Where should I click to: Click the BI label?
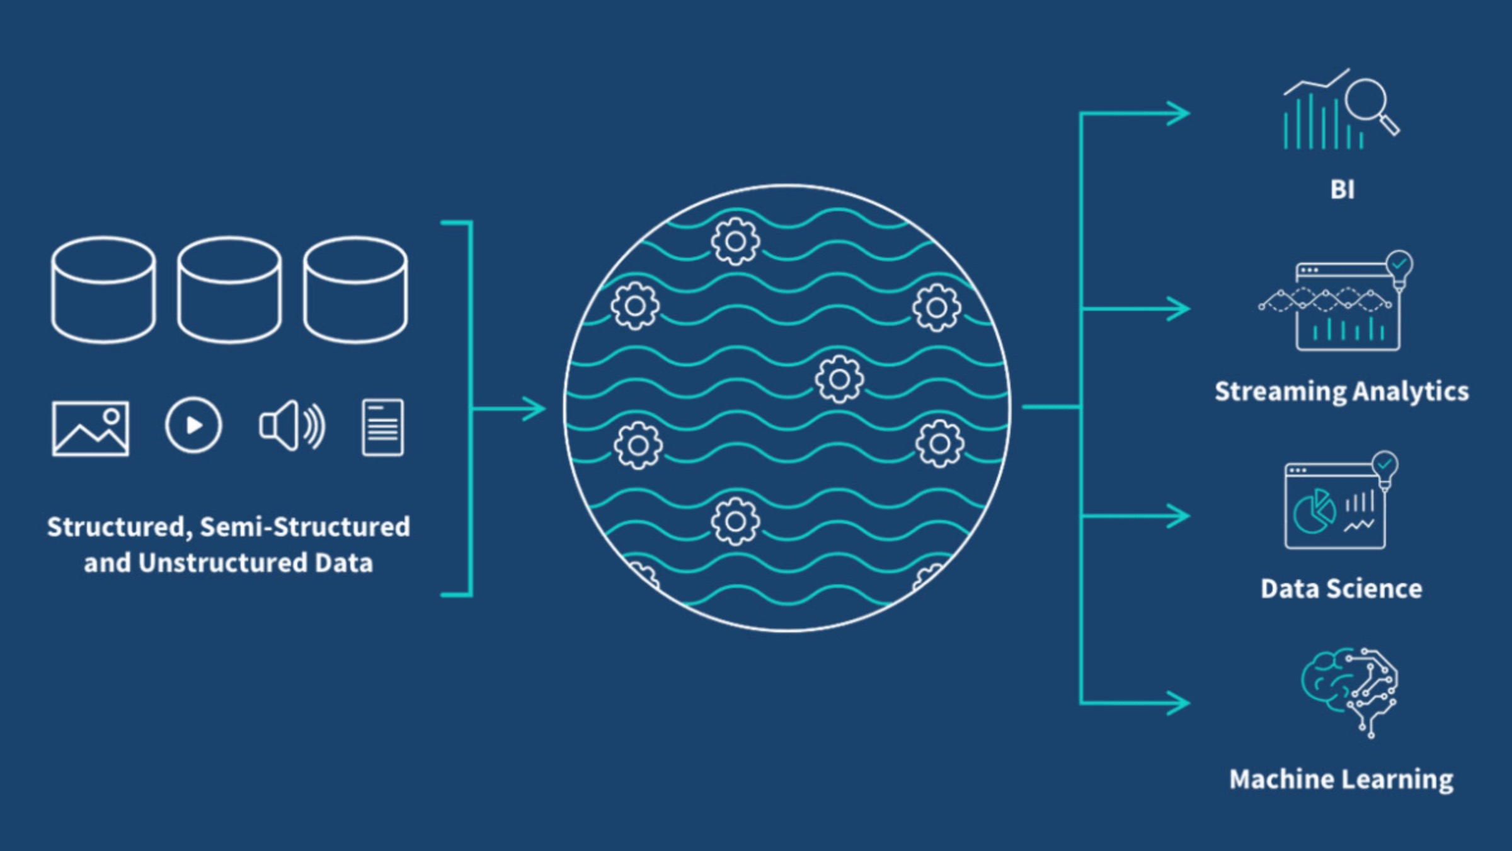(1342, 190)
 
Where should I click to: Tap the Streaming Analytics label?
(1342, 391)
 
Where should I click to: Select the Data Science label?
(1341, 589)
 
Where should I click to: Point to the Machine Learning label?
(1341, 780)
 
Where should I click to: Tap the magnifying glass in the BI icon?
(1370, 103)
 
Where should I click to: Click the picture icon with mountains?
(91, 428)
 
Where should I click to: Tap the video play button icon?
(193, 425)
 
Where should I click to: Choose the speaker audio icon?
(292, 425)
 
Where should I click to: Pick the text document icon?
(382, 427)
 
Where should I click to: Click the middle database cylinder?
(229, 289)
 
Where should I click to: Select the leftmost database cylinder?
(103, 289)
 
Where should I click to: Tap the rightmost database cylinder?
(355, 289)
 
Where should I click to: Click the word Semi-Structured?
(305, 527)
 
